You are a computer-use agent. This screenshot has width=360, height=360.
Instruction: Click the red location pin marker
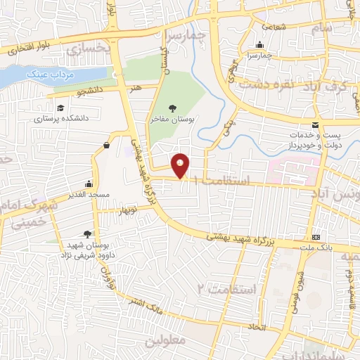[x=181, y=165]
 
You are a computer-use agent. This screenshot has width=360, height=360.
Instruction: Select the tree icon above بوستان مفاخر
[x=172, y=108]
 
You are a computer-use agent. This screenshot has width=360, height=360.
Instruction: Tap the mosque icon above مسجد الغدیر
[x=89, y=182]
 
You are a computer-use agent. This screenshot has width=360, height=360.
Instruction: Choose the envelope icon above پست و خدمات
[x=315, y=124]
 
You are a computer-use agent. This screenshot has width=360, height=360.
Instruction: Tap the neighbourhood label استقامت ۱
[x=226, y=181]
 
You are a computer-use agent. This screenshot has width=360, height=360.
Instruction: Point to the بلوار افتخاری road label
[x=26, y=49]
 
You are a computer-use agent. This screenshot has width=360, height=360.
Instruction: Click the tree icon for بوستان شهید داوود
[x=87, y=234]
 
